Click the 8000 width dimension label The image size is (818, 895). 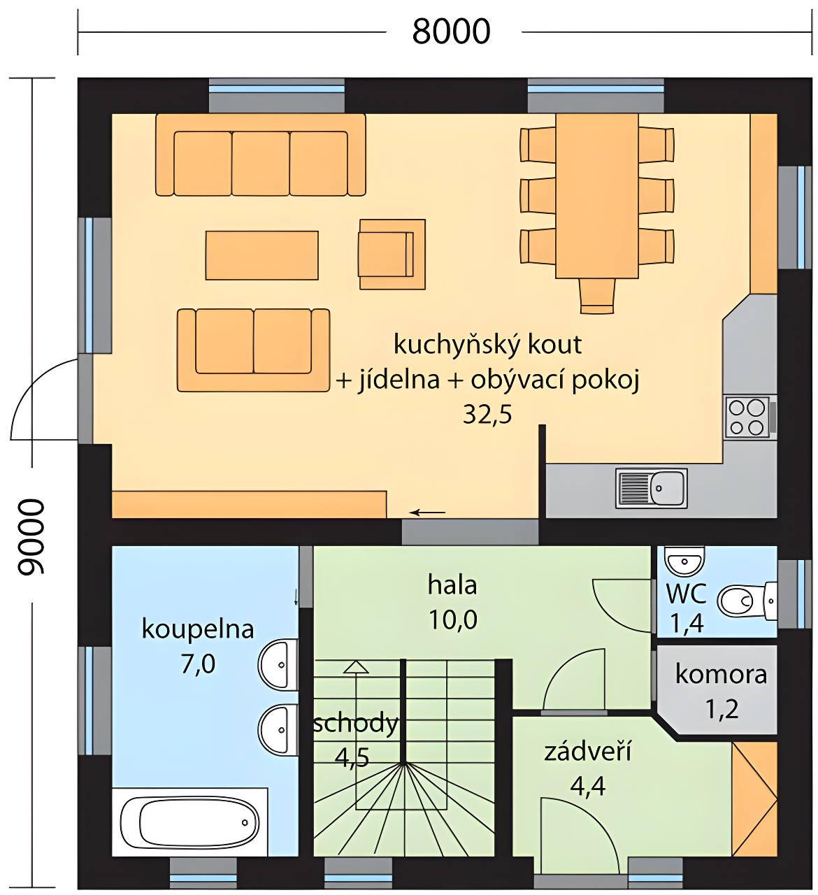(452, 31)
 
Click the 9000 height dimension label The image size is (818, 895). (31, 537)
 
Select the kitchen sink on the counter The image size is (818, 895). (651, 487)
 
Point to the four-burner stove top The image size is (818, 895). (747, 417)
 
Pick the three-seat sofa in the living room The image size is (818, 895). (260, 155)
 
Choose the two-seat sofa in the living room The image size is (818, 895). (253, 350)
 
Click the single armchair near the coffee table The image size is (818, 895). (392, 254)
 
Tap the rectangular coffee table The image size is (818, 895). (262, 255)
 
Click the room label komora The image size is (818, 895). (721, 674)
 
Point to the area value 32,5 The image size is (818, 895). (487, 415)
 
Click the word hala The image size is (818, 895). (452, 585)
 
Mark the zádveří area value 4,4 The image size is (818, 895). (587, 787)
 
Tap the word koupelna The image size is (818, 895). (198, 629)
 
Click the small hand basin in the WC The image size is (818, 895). (684, 559)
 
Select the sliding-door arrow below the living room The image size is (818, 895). (427, 513)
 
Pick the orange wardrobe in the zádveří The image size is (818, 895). (754, 799)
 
